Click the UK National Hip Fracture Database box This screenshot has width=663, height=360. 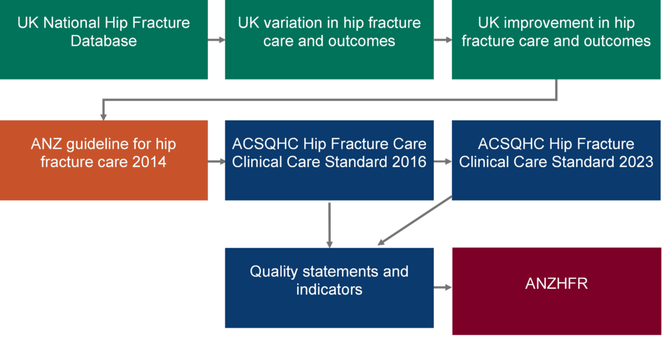104,40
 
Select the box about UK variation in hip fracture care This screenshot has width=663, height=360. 329,40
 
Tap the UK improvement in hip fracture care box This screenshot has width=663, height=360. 556,40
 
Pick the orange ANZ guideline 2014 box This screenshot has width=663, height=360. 104,161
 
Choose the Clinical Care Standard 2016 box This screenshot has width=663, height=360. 329,161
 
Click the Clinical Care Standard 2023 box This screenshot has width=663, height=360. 556,161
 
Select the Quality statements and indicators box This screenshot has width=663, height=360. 329,287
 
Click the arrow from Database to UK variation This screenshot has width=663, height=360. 216,40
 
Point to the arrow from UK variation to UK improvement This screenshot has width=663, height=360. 443,40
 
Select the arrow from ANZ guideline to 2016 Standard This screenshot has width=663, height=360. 216,161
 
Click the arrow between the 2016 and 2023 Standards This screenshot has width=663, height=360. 443,161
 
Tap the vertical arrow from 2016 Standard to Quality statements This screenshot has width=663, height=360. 330,224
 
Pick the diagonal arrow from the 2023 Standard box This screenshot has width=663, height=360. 414,221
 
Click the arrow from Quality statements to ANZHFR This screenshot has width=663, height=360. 443,287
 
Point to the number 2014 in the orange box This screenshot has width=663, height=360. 150,161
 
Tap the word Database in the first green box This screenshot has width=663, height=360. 104,41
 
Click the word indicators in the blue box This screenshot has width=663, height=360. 329,289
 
